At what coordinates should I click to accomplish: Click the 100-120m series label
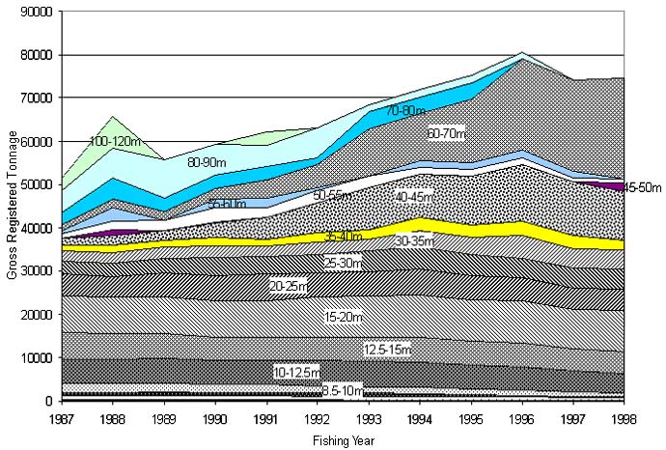coord(117,142)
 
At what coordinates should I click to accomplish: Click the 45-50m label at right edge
coord(642,186)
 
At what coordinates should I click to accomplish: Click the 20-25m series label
coord(288,287)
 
